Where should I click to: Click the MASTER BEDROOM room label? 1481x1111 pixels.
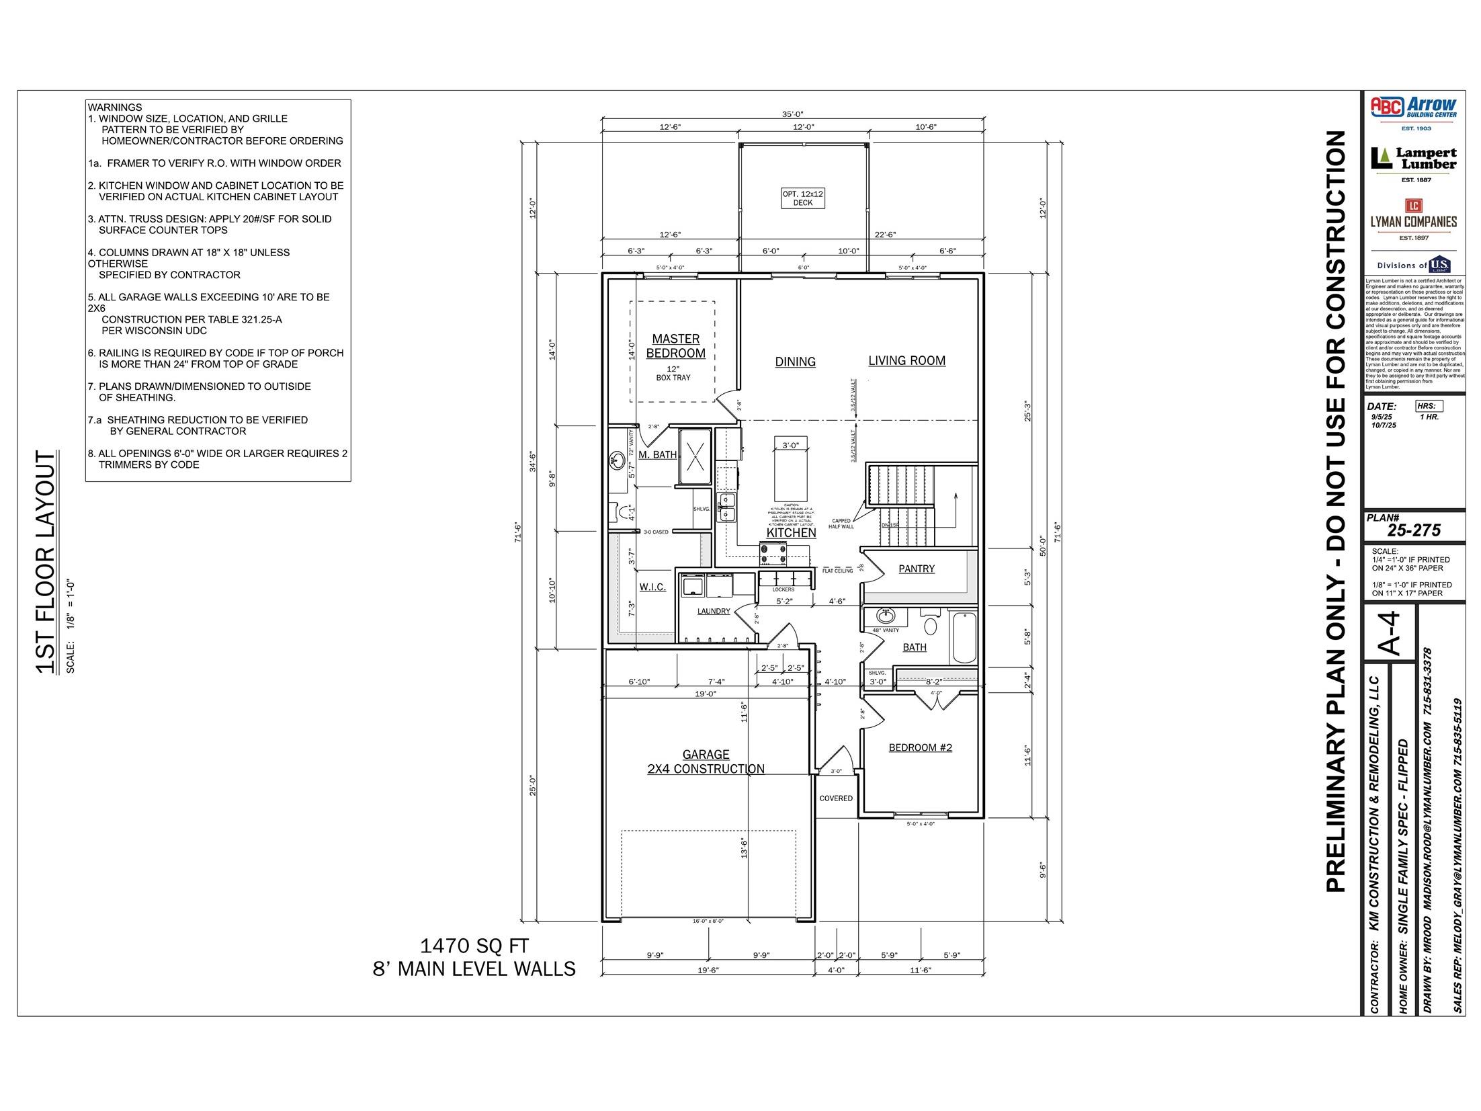675,345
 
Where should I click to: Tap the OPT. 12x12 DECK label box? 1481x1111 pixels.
802,198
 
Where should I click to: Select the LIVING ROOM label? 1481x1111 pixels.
906,360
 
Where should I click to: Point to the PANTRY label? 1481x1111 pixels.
917,569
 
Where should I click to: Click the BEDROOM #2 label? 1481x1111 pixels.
920,747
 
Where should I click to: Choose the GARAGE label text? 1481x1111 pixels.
706,755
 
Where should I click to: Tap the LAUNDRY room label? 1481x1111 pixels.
713,611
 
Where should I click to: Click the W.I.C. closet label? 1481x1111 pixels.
652,587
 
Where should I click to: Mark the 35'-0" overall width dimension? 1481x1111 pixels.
793,114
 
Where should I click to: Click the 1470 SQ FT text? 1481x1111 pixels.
474,946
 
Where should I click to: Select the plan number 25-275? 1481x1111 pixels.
1414,530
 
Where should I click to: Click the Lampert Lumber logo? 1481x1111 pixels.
1414,159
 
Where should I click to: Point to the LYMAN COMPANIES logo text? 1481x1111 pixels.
1414,221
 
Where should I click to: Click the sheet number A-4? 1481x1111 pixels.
1389,632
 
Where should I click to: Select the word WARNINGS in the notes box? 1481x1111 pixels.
115,107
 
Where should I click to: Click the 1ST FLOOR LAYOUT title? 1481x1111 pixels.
46,562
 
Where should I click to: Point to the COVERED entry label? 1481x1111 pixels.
836,798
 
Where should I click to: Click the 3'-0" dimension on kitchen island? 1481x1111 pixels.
790,445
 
